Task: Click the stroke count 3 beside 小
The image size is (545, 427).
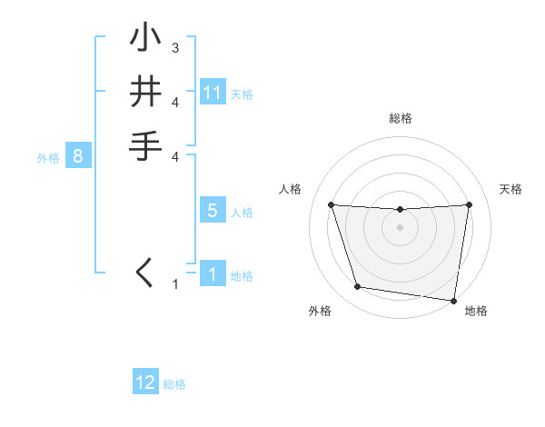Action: pyautogui.click(x=175, y=47)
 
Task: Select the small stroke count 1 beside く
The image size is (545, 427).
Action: pyautogui.click(x=175, y=284)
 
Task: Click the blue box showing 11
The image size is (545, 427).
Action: pyautogui.click(x=213, y=93)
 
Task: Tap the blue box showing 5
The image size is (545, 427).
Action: pyautogui.click(x=213, y=211)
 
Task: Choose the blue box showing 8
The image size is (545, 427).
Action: pyautogui.click(x=78, y=156)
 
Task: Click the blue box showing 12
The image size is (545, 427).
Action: pyautogui.click(x=145, y=382)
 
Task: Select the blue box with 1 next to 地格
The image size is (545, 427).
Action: pyautogui.click(x=213, y=273)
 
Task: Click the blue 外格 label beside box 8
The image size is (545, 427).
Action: pyautogui.click(x=48, y=157)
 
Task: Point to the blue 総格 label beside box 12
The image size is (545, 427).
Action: pyautogui.click(x=174, y=384)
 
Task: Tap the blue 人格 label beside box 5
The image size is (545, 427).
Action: pyautogui.click(x=242, y=213)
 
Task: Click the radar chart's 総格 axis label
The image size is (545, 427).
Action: pyautogui.click(x=401, y=118)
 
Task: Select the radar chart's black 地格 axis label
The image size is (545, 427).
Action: pyautogui.click(x=476, y=312)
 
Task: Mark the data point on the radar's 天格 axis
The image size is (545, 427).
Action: pyautogui.click(x=469, y=204)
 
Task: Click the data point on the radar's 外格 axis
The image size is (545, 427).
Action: pyautogui.click(x=358, y=287)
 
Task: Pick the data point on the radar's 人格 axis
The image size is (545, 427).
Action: pyautogui.click(x=331, y=204)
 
